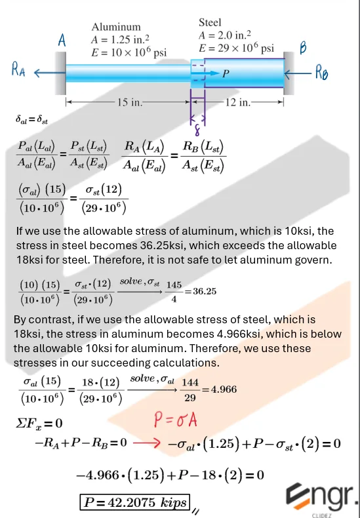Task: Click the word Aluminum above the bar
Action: pyautogui.click(x=116, y=27)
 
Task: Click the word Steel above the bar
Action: pyautogui.click(x=211, y=22)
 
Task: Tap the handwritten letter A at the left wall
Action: pyautogui.click(x=62, y=41)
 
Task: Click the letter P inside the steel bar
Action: pyautogui.click(x=226, y=74)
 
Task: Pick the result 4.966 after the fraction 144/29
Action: pyautogui.click(x=222, y=389)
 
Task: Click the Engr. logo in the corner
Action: pyautogui.click(x=326, y=495)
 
